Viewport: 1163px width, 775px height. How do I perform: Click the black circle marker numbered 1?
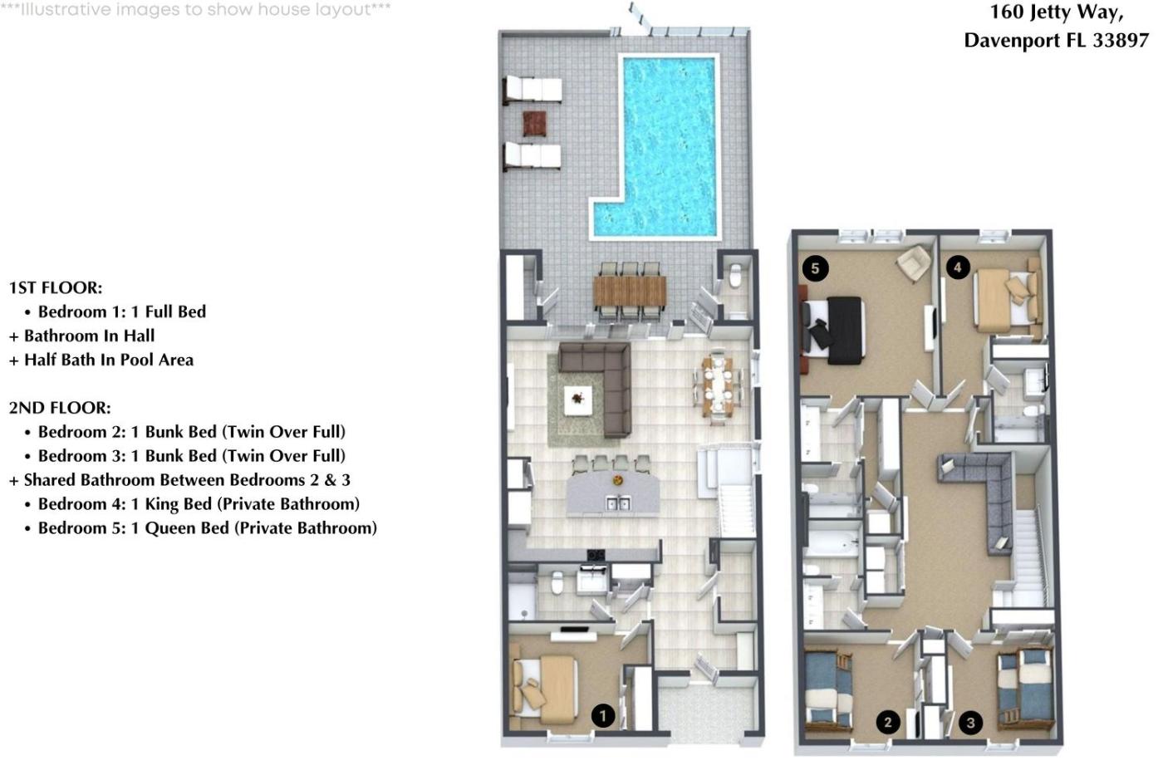[x=603, y=716]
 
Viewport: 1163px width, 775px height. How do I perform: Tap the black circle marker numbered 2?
[x=888, y=722]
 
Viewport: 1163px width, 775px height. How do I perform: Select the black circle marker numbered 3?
[x=970, y=723]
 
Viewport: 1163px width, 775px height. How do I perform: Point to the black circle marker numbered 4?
[x=957, y=267]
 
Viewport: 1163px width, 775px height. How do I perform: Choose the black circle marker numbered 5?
[x=815, y=268]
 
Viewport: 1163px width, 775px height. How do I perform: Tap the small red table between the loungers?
[x=535, y=124]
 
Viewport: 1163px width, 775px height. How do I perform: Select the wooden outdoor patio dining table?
[x=630, y=291]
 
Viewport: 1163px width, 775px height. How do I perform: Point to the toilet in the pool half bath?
[x=736, y=276]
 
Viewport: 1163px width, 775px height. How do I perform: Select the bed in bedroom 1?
[x=545, y=689]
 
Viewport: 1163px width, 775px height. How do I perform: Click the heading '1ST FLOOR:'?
[x=56, y=287]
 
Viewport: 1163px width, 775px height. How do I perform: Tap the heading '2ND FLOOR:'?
[x=60, y=408]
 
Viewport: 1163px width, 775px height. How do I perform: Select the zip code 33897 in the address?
[x=1121, y=41]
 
